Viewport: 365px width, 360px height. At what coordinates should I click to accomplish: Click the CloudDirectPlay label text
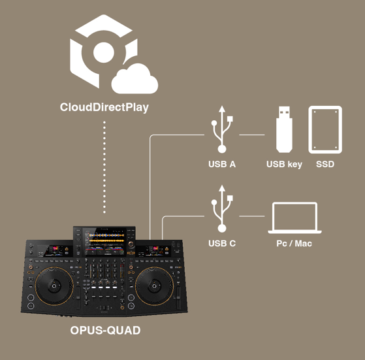104,106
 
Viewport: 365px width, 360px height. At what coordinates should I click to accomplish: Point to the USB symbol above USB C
221,207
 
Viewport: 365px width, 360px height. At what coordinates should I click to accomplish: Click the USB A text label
221,164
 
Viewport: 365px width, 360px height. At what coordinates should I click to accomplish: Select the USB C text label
221,243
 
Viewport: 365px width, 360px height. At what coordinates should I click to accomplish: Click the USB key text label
284,164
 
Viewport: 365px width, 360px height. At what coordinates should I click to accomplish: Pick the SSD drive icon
325,129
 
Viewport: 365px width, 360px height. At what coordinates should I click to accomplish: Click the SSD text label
325,164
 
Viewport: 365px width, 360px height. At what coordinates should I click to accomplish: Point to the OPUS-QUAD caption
105,331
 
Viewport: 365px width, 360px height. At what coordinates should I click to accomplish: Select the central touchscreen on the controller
104,240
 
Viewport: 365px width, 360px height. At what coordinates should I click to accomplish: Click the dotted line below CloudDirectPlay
104,170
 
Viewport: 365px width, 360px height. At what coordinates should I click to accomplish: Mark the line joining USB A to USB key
252,135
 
